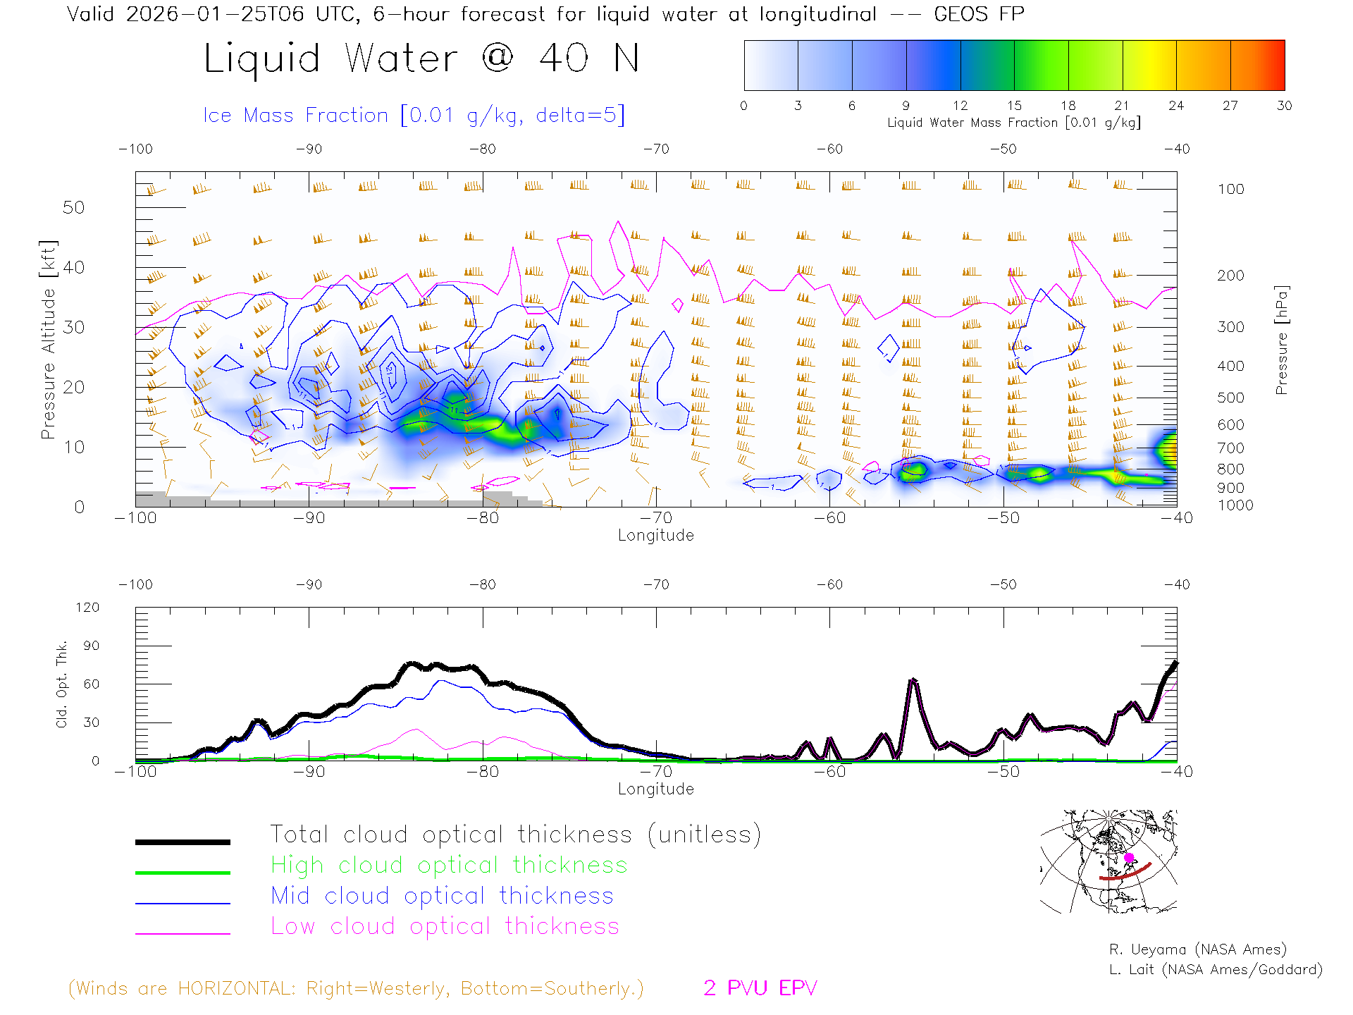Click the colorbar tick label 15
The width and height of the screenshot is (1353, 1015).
1014,106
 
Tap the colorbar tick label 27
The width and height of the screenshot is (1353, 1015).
1230,106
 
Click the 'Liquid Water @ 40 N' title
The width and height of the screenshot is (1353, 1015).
421,59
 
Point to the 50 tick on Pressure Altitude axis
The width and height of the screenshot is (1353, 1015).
73,207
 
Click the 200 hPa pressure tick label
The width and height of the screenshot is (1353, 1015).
1230,276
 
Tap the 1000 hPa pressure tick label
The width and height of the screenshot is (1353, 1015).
1235,505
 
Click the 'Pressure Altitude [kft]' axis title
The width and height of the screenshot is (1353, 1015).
48,340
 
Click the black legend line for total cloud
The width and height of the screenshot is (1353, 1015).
183,842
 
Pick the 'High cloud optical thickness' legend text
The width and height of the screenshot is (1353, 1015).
449,865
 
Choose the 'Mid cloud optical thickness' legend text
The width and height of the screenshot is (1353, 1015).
442,896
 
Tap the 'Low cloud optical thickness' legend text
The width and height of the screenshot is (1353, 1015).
445,926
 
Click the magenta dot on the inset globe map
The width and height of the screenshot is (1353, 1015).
1129,858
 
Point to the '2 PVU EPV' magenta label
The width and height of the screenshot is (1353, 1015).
760,988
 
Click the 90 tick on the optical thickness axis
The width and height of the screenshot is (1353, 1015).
92,646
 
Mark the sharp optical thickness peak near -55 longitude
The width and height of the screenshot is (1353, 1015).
913,680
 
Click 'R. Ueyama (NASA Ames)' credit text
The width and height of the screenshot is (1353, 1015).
1197,949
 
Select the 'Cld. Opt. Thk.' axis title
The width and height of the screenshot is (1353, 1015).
62,684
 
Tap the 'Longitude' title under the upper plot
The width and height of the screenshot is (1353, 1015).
655,536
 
